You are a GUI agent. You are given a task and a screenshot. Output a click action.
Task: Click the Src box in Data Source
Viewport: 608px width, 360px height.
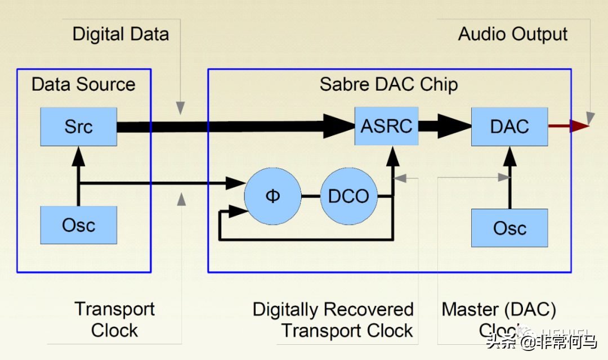tap(78, 126)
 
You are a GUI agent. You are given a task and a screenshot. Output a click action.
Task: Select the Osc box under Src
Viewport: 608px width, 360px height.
tap(78, 225)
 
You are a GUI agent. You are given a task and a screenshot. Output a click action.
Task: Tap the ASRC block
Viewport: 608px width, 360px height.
tap(386, 126)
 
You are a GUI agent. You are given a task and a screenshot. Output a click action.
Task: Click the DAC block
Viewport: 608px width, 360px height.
tap(509, 126)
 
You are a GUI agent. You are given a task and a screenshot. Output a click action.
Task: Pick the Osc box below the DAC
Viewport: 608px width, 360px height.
tap(509, 228)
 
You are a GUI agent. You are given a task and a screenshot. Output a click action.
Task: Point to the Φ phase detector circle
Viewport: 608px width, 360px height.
tap(272, 196)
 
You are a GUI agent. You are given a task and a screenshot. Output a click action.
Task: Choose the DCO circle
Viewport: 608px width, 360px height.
tap(348, 196)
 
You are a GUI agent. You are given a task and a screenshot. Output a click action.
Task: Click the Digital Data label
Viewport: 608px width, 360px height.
tap(120, 34)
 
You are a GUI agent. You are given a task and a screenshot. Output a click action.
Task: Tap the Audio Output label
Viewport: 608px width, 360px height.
tap(512, 34)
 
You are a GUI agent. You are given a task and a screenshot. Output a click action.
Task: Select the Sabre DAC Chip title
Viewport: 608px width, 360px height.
tap(388, 84)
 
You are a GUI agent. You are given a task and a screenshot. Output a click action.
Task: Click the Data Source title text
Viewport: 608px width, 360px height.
tap(83, 84)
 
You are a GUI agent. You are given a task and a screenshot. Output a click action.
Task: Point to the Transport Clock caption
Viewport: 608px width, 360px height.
tap(114, 319)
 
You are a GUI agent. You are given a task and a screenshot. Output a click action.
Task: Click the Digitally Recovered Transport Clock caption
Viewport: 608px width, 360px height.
tap(333, 319)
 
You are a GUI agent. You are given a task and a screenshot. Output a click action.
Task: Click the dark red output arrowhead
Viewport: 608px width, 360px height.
tap(579, 126)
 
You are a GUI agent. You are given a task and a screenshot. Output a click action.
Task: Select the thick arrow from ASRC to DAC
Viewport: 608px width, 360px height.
tap(445, 126)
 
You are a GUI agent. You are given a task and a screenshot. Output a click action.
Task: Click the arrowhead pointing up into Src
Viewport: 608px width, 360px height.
tap(78, 155)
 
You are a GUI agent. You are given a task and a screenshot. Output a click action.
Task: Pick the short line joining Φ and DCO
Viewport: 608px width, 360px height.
tap(310, 196)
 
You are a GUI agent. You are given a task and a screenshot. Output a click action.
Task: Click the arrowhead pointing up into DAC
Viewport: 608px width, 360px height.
tap(509, 155)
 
